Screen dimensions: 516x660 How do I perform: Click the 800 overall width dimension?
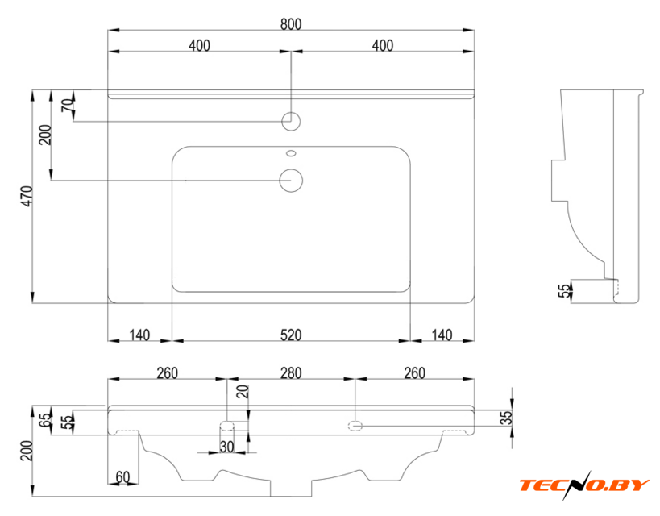(291, 24)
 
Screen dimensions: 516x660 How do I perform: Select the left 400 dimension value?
(199, 46)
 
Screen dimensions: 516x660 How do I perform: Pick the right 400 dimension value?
(383, 46)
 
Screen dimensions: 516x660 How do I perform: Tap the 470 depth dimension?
(26, 196)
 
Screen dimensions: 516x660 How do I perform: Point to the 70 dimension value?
(67, 105)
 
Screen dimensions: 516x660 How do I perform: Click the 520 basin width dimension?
(290, 334)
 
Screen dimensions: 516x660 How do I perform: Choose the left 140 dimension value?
(140, 334)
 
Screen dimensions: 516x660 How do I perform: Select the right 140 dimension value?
(441, 334)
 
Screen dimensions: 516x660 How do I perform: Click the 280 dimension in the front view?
(290, 372)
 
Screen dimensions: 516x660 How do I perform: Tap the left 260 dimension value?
(167, 372)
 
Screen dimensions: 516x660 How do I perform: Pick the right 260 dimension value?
(413, 372)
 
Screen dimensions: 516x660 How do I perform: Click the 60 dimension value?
(122, 477)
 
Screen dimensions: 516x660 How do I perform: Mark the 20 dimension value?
(243, 393)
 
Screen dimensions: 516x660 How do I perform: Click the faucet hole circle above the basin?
(291, 122)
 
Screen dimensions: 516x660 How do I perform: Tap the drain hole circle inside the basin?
(291, 180)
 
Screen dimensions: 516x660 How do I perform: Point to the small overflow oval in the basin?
(291, 152)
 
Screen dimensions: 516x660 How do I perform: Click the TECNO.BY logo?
(584, 484)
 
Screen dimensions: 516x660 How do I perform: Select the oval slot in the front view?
(355, 425)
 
